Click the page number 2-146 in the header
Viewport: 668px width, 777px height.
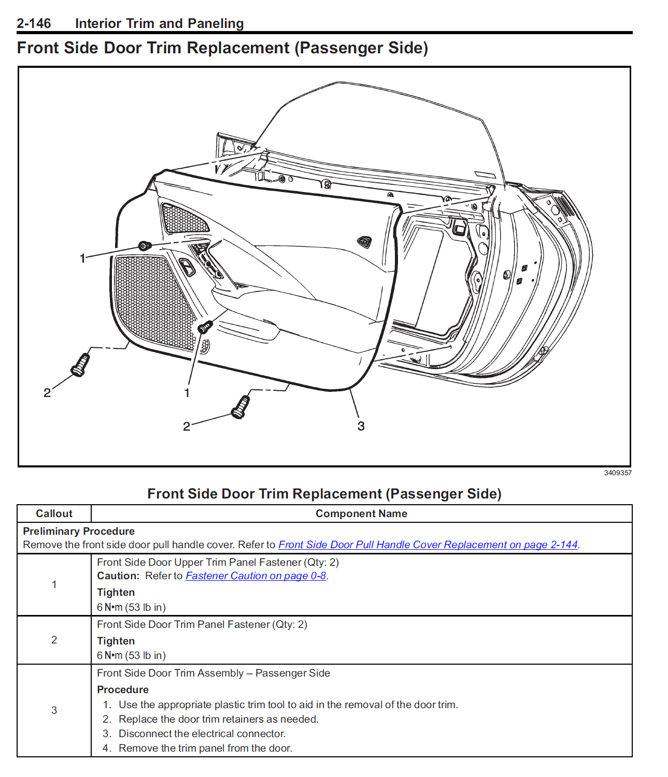[34, 23]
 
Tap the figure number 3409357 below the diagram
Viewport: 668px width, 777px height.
[617, 473]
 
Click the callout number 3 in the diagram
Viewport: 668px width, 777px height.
[361, 426]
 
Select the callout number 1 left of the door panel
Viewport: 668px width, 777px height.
[82, 258]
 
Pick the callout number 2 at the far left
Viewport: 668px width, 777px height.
[47, 393]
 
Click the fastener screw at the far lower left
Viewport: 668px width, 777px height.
[80, 364]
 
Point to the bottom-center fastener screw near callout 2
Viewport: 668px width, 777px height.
[240, 407]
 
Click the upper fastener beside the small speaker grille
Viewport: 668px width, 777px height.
[145, 245]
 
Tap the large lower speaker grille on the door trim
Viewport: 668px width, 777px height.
[150, 300]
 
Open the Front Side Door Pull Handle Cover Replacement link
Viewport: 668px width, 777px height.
[428, 545]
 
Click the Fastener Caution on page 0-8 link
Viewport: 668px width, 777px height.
[255, 576]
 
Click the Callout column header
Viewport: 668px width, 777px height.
[54, 514]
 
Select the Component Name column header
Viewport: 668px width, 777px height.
[361, 514]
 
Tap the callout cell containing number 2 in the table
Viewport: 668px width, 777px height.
[54, 640]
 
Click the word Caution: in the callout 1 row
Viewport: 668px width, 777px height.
[118, 576]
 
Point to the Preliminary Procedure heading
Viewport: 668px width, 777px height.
[79, 531]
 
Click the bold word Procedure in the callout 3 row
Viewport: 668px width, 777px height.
[123, 690]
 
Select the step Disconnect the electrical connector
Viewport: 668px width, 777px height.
[202, 734]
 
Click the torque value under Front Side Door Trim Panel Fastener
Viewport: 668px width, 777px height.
[131, 655]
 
